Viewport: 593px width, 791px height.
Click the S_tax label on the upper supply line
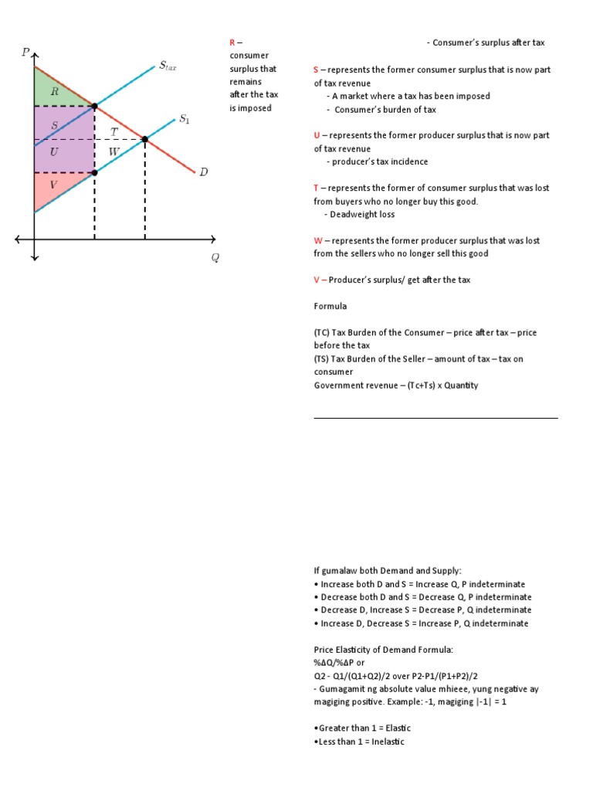[168, 66]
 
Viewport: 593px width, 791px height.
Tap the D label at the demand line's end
[204, 172]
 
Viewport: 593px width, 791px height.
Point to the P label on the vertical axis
[25, 52]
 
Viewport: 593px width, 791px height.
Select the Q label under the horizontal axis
[215, 258]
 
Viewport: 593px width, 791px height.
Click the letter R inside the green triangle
[54, 91]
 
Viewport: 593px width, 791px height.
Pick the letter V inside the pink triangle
[53, 184]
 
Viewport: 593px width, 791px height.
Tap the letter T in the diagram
[114, 132]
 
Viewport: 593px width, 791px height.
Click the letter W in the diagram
[114, 151]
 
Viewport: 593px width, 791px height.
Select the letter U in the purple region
[53, 152]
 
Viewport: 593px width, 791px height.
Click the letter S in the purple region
[53, 125]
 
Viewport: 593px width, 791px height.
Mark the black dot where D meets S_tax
[94, 107]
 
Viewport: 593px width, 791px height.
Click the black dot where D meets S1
[144, 140]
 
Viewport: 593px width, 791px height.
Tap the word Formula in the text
[330, 307]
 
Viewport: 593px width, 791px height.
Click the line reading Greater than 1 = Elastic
[363, 728]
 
